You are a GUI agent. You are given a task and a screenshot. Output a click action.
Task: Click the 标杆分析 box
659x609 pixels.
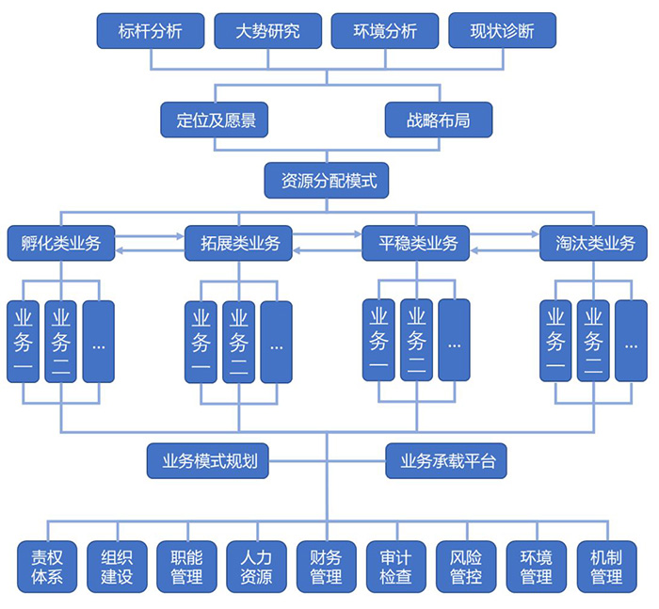click(x=151, y=31)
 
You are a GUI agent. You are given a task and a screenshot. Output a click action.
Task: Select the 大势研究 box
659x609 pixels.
click(x=268, y=31)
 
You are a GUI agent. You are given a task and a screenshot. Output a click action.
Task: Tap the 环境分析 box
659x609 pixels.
click(x=386, y=31)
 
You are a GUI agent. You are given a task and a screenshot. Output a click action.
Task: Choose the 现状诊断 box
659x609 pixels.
click(x=502, y=31)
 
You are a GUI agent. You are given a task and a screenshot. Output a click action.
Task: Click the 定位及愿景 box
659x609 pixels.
click(x=216, y=120)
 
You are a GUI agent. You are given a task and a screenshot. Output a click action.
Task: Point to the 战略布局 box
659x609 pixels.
click(x=438, y=120)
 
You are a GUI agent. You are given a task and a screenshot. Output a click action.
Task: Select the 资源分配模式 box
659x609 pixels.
click(x=327, y=180)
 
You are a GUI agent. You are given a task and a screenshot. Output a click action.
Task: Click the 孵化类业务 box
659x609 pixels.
click(x=60, y=244)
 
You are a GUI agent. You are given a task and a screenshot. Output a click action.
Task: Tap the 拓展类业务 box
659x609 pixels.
click(x=239, y=244)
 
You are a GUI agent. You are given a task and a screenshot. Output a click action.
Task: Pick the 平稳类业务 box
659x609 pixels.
click(x=416, y=244)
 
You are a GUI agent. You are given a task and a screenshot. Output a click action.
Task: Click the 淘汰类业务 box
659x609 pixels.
click(x=594, y=244)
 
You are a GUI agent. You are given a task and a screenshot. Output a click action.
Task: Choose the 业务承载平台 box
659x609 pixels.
click(x=446, y=461)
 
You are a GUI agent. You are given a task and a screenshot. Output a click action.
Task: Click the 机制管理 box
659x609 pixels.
click(x=605, y=566)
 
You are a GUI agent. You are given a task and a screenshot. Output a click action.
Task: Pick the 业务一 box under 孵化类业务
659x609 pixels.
click(x=23, y=341)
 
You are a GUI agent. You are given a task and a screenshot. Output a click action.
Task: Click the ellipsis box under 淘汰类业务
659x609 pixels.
click(x=631, y=340)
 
